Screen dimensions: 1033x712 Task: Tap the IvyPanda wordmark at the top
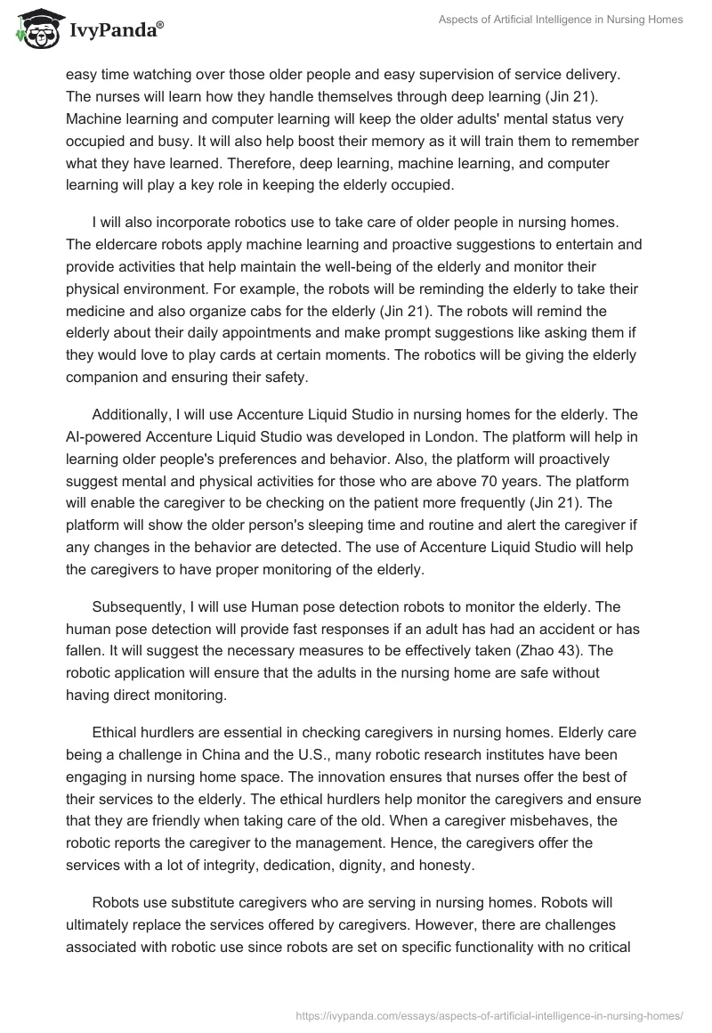click(114, 31)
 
